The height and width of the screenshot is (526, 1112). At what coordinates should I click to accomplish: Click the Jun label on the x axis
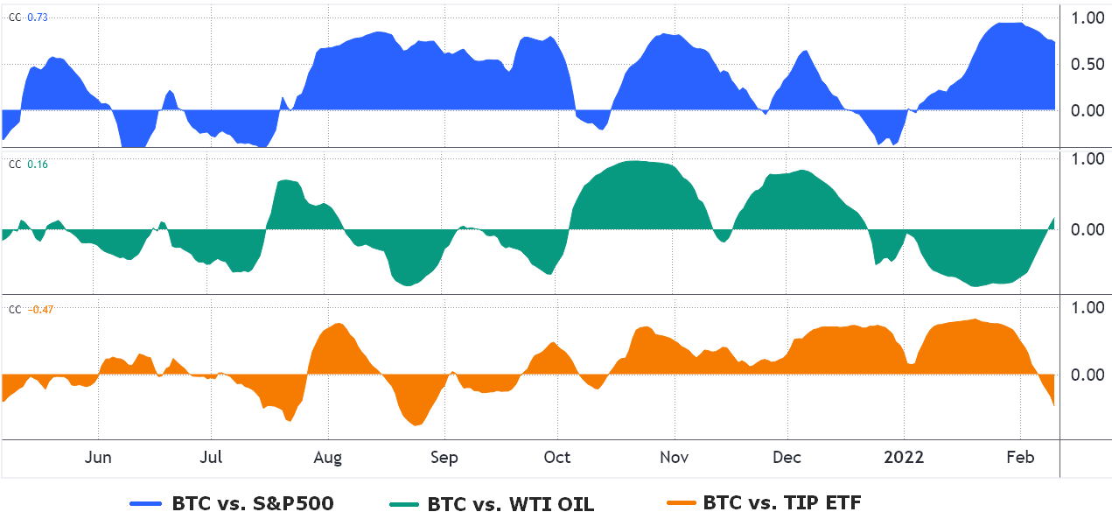click(99, 458)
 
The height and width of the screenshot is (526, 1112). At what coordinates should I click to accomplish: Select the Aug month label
click(327, 458)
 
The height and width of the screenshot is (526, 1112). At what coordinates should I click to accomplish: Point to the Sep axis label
click(444, 458)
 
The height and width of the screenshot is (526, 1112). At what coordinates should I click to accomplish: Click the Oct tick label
click(556, 458)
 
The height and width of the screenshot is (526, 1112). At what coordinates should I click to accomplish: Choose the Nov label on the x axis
click(675, 458)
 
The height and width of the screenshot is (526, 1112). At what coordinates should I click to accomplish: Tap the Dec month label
click(787, 458)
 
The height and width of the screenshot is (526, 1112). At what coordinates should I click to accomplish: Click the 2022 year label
click(904, 458)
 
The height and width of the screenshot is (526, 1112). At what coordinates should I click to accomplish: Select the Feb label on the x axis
click(1020, 458)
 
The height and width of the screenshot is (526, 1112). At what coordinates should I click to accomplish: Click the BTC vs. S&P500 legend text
click(253, 503)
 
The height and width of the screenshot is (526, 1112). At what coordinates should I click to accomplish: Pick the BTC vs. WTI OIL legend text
click(511, 504)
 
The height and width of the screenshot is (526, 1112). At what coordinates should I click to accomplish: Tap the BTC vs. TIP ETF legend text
click(782, 502)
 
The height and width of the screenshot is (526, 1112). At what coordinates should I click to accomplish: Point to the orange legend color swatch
click(680, 502)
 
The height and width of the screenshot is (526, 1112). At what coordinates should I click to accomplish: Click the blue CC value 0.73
click(38, 17)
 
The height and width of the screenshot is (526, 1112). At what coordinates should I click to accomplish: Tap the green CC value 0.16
click(38, 164)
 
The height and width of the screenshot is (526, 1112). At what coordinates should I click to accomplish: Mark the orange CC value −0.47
click(40, 309)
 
